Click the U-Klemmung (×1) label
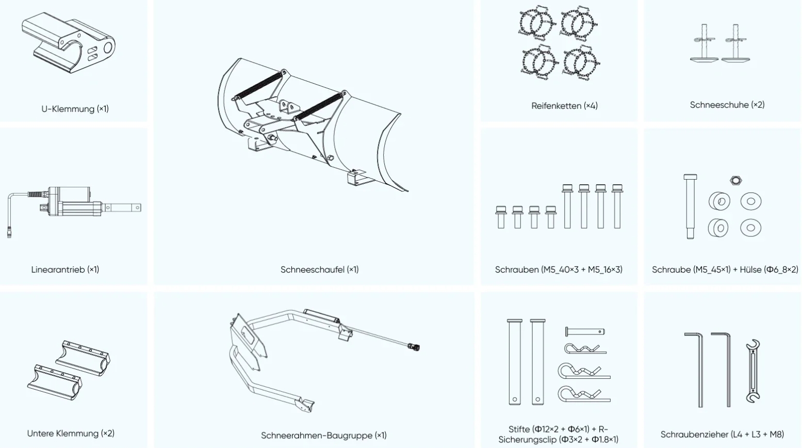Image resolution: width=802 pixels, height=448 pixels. [x=75, y=108]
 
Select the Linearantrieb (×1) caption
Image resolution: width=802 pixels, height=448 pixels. [x=65, y=269]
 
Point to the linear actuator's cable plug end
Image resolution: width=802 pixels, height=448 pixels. [x=9, y=232]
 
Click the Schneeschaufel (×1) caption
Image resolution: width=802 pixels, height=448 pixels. [x=319, y=269]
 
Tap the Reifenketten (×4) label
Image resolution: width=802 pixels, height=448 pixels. [x=564, y=106]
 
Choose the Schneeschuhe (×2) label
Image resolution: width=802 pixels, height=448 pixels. [x=727, y=105]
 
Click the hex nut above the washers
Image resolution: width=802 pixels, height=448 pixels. [x=735, y=180]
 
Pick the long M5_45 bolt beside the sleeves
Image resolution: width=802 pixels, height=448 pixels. [x=690, y=206]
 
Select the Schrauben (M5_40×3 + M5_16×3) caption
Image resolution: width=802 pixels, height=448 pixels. [x=559, y=269]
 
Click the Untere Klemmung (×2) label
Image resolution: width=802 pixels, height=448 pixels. [x=71, y=434]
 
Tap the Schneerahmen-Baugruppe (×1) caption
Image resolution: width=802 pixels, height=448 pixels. [x=324, y=436]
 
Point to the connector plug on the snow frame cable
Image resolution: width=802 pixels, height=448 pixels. [x=414, y=346]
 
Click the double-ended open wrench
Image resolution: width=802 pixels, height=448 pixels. [x=753, y=371]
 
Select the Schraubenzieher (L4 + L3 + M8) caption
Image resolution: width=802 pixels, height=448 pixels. [x=722, y=435]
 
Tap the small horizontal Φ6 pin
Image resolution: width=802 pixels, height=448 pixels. [x=585, y=331]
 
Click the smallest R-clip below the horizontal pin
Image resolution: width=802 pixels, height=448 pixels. [x=585, y=348]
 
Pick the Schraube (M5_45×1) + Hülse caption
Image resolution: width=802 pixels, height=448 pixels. [x=725, y=269]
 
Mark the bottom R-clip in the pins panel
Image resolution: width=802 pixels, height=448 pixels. [x=584, y=394]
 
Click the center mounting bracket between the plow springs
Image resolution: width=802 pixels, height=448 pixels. [x=288, y=106]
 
